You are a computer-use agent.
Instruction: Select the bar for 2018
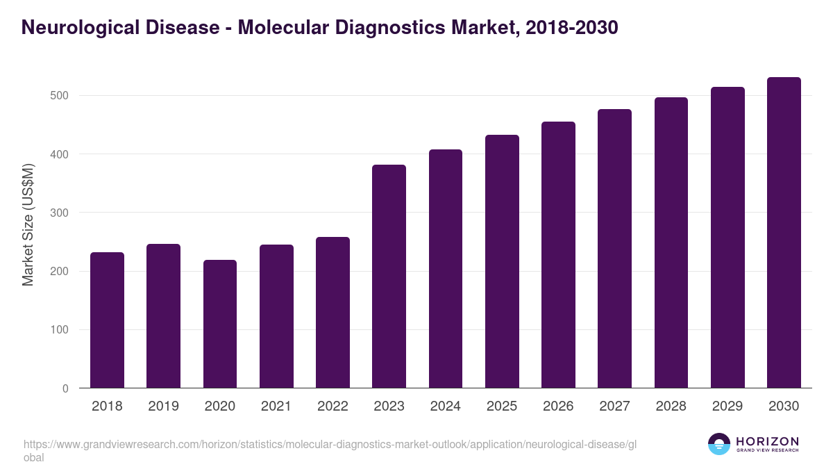107,320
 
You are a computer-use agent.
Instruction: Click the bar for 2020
220,324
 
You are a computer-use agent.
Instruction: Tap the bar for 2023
389,277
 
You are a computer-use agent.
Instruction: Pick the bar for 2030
784,233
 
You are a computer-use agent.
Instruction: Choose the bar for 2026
558,255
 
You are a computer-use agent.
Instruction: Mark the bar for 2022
333,313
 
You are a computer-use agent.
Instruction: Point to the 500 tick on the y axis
60,95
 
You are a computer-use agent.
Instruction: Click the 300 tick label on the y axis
60,213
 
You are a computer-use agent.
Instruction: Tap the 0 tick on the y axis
65,388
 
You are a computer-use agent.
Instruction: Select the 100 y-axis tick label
60,330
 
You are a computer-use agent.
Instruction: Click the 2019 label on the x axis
163,406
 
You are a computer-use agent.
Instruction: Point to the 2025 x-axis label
502,406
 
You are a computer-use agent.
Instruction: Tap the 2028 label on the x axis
671,406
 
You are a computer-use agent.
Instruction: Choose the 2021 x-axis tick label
276,406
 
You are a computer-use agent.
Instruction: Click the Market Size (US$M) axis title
28,224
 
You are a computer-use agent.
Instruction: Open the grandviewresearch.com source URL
330,445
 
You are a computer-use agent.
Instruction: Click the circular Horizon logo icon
719,445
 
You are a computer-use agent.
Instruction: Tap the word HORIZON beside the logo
767,441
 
